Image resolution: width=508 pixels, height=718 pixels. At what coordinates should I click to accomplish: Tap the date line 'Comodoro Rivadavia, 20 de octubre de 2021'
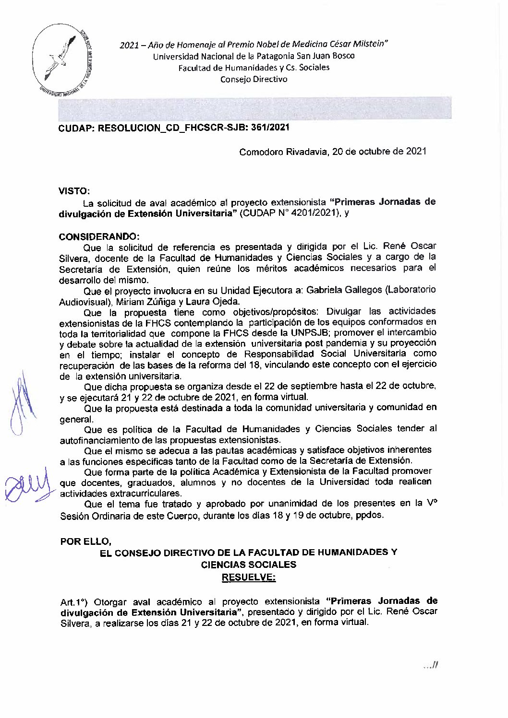coord(333,152)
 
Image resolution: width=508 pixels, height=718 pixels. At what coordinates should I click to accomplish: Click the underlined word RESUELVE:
coord(248,577)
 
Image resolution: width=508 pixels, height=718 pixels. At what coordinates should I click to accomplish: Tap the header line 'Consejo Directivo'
coord(254,79)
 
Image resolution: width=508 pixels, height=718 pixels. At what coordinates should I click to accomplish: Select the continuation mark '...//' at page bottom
coord(431,665)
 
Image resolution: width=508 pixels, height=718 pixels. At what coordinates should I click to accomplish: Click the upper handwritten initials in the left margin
coord(20,408)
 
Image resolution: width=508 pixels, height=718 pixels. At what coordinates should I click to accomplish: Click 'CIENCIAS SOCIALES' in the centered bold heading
coord(248,565)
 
